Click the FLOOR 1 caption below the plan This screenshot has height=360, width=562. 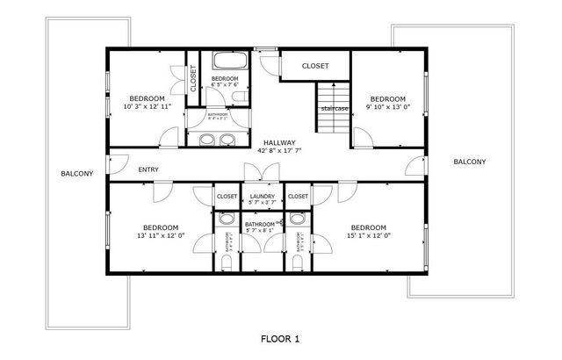[281, 338]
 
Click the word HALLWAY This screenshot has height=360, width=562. [276, 142]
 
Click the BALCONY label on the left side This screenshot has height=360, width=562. [76, 174]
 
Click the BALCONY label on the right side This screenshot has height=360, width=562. [470, 162]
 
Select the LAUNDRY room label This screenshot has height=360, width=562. [263, 197]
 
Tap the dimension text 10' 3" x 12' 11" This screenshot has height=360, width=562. [147, 106]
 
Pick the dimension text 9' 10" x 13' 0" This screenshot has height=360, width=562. [387, 106]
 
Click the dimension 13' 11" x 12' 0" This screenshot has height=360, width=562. [160, 234]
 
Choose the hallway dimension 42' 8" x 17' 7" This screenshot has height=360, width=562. [276, 150]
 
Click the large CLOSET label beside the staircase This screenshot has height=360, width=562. [315, 66]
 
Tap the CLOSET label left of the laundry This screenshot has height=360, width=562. [227, 197]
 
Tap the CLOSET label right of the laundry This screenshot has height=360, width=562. [298, 197]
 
